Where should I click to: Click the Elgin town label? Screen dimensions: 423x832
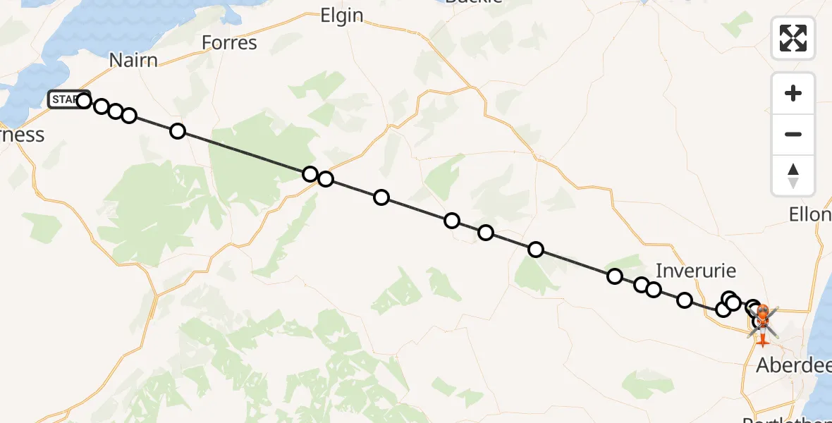341,16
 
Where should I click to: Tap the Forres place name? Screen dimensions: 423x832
229,43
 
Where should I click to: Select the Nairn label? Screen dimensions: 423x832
133,61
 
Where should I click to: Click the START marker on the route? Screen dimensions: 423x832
65,99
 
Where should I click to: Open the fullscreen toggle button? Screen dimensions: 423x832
793,38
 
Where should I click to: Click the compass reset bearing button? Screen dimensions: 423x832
793,175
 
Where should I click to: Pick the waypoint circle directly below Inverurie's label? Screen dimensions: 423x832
685,300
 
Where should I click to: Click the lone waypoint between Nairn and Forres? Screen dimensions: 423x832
178,131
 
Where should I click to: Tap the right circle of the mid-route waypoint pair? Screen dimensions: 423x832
325,179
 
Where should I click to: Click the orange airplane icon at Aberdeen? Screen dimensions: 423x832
762,339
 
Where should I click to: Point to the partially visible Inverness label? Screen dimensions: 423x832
21,135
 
